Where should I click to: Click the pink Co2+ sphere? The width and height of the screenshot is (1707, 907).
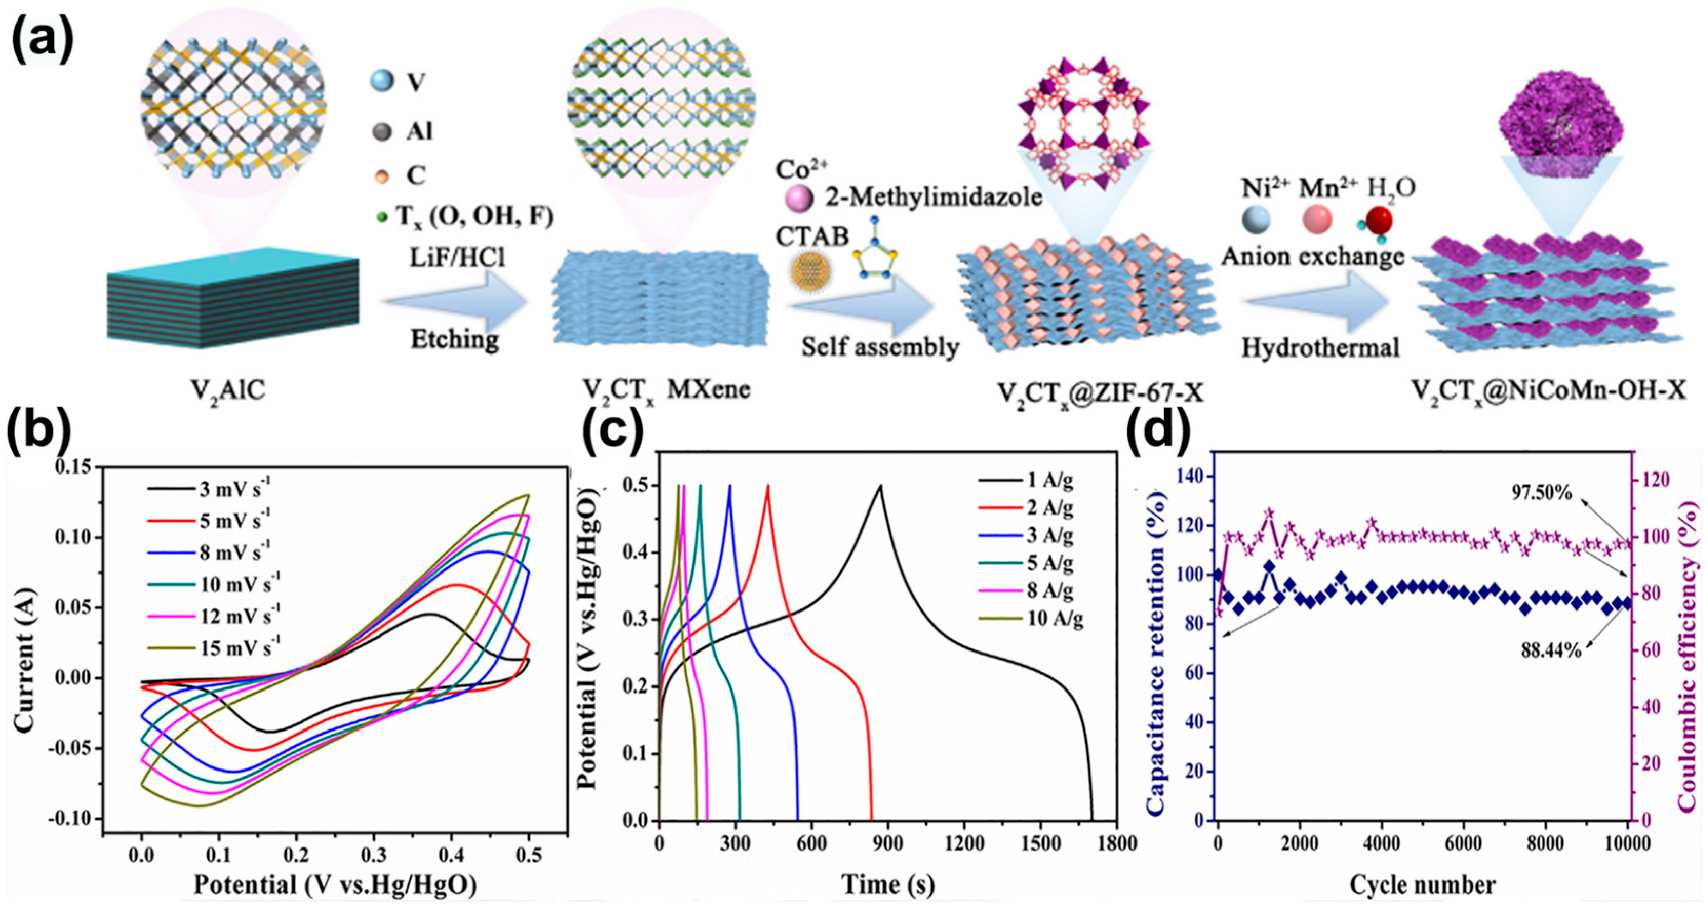coord(799,200)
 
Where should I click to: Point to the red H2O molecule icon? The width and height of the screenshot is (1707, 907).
coord(1379,222)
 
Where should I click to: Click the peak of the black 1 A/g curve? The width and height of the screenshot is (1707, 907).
coord(880,486)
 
